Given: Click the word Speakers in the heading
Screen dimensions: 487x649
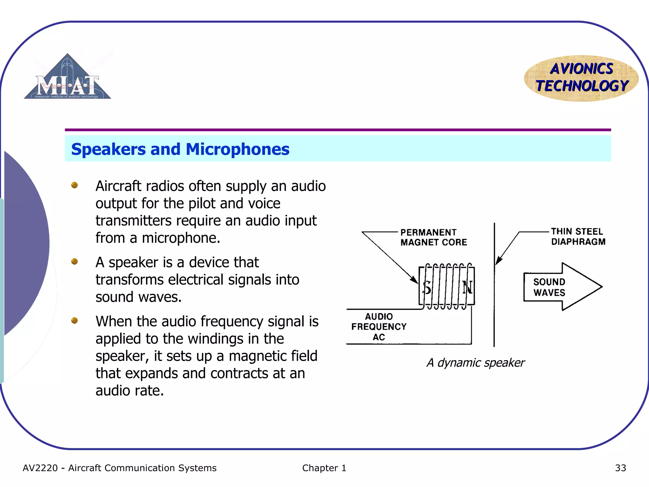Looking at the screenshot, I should (x=108, y=149).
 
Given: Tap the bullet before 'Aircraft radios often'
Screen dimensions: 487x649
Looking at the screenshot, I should (x=74, y=185).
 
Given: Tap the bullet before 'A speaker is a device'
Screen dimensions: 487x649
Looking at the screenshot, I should (x=74, y=262).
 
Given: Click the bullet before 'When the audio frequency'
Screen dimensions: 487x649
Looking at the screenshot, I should (x=74, y=321).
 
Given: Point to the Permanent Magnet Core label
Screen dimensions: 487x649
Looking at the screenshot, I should (x=433, y=237).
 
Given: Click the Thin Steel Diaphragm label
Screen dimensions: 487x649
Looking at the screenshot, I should (x=578, y=237).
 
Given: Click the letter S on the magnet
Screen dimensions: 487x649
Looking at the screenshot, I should (x=427, y=288).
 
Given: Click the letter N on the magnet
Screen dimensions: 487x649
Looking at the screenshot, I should (x=467, y=288).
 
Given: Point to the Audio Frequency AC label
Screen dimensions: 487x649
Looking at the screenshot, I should (x=379, y=327).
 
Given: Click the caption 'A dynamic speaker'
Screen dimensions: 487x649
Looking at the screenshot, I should (x=475, y=363).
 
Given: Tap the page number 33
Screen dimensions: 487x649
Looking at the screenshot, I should (x=620, y=468).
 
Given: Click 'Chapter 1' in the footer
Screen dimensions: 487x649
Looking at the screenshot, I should (x=324, y=468).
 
